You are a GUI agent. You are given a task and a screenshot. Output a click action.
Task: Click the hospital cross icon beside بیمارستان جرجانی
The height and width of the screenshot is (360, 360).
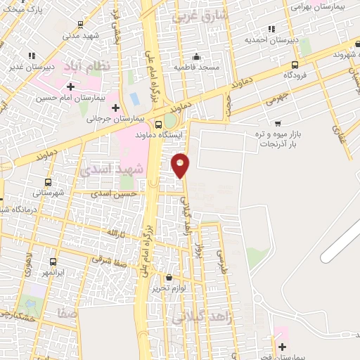point(117,108)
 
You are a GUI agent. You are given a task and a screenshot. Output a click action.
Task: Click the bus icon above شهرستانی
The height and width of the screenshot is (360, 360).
point(37,181)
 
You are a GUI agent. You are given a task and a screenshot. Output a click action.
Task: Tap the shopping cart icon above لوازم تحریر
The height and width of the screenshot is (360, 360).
point(168,277)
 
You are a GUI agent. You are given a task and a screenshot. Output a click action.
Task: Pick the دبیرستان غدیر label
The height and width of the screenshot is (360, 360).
point(34,67)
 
